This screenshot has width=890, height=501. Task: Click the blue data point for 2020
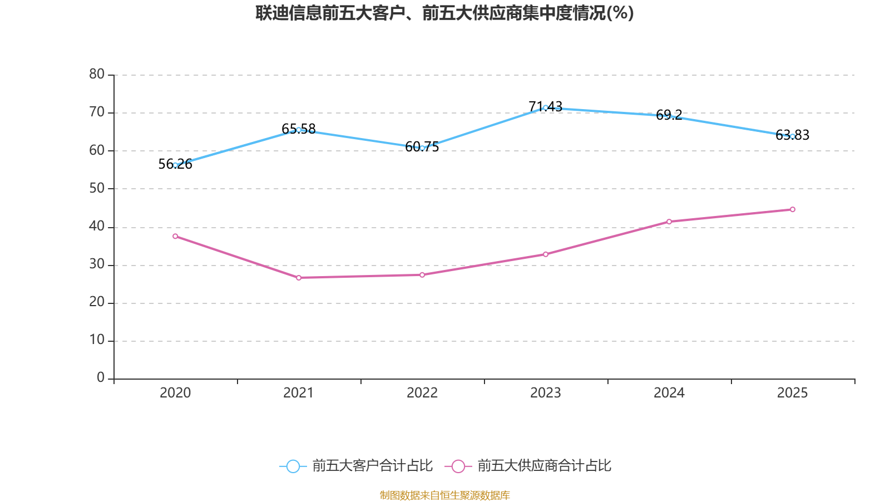click(x=175, y=165)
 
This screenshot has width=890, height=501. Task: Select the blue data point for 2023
click(x=546, y=107)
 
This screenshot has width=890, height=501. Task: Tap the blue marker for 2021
click(x=299, y=130)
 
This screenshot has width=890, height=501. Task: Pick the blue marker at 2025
click(x=793, y=136)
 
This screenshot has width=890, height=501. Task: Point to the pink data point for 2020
click(x=175, y=236)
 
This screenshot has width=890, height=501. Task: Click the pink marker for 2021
click(x=299, y=278)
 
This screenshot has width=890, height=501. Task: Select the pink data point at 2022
click(x=422, y=275)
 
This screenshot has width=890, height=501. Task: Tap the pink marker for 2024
click(x=669, y=222)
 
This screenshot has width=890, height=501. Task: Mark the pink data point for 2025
click(x=793, y=209)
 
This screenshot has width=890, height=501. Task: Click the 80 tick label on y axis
click(x=97, y=74)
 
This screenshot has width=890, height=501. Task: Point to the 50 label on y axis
click(x=97, y=188)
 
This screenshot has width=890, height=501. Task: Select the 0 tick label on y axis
click(x=101, y=378)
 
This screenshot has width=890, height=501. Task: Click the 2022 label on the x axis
click(x=422, y=393)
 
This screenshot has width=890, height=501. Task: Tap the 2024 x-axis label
click(x=669, y=393)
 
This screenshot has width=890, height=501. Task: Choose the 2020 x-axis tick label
click(x=175, y=393)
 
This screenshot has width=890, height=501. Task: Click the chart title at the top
click(x=444, y=13)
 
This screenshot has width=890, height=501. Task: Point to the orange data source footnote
click(x=444, y=495)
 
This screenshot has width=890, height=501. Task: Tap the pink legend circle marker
click(x=458, y=466)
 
